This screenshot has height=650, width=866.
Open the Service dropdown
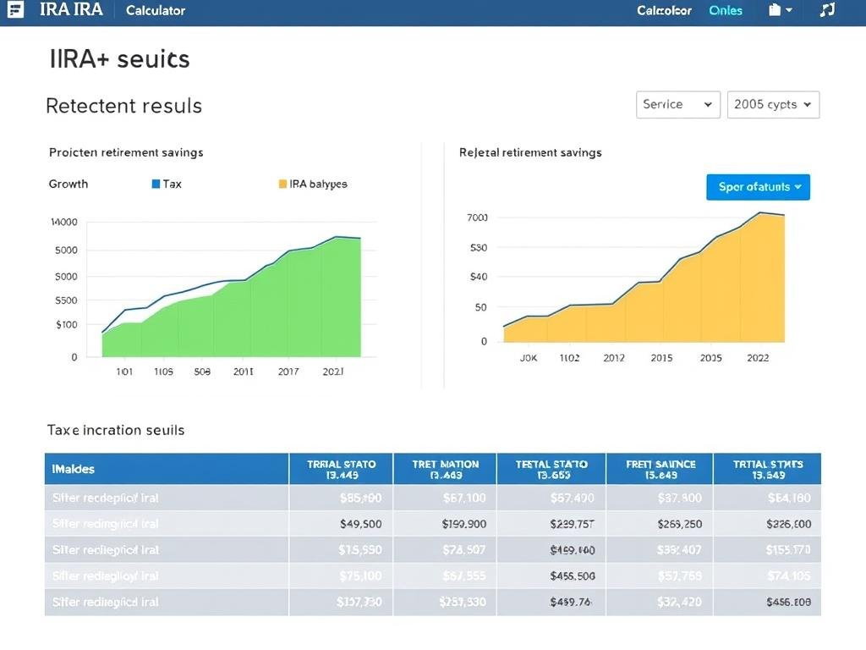coord(677,104)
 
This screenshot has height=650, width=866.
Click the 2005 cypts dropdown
coord(772,104)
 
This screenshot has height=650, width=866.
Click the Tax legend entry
coord(167,184)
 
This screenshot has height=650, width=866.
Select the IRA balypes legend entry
coord(312,184)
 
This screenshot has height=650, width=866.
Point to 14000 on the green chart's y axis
coord(64,223)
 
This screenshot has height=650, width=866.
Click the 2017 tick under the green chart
coord(288,372)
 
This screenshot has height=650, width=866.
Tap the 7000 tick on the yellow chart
coord(477,218)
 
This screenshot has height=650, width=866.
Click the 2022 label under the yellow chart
coord(758,358)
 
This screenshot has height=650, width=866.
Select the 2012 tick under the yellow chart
coord(614,358)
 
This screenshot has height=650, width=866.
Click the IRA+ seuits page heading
coord(119,59)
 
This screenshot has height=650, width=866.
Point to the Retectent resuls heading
coord(123,106)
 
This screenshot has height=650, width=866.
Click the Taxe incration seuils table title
coord(116,430)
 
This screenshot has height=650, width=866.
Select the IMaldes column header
coord(74,468)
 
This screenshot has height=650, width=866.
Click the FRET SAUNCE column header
coord(660,469)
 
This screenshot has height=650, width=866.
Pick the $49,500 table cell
coord(360,524)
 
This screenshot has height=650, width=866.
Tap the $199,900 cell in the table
coord(463,524)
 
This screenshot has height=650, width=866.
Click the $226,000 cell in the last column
coord(788,524)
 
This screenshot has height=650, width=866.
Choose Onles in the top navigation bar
coord(726,11)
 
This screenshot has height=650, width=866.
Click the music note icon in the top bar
coord(827,10)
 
